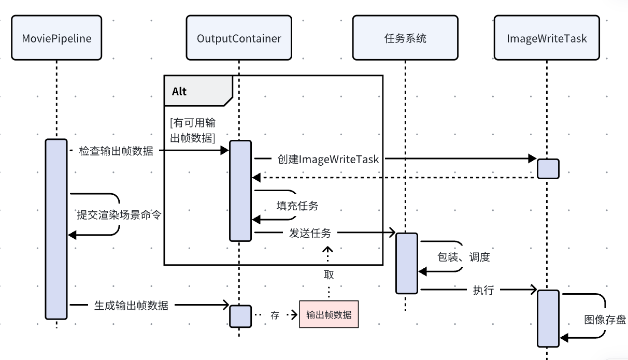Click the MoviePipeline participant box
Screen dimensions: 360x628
[x=56, y=38]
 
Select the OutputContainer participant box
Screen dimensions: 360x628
[x=239, y=38]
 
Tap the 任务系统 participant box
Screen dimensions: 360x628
[x=405, y=38]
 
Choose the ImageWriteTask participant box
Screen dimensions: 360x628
[x=547, y=38]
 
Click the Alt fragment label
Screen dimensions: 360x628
[x=179, y=92]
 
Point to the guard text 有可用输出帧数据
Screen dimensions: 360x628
[x=193, y=129]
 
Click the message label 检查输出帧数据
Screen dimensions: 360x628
[x=116, y=151]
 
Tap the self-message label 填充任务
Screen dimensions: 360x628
[x=297, y=206]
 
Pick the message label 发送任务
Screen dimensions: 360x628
[x=310, y=233]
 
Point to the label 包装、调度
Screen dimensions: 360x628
[x=464, y=257]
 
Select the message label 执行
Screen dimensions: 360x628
[x=483, y=290]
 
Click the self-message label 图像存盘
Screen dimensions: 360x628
[x=605, y=320]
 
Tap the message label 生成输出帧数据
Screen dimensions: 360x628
[x=131, y=305]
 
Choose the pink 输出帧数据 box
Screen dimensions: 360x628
[x=329, y=314]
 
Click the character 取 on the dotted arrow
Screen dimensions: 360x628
[x=329, y=274]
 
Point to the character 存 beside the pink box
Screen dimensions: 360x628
[x=275, y=315]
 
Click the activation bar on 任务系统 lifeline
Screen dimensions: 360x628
[x=407, y=263]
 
